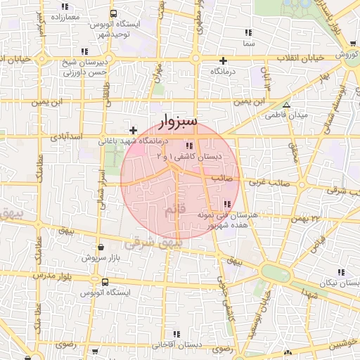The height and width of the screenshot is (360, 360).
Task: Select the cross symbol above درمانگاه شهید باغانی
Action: (133, 129)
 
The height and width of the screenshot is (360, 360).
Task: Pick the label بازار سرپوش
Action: (101, 258)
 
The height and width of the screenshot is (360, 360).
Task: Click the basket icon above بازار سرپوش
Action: (103, 247)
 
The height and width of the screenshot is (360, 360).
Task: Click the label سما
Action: (247, 44)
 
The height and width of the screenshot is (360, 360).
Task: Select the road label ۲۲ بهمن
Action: (307, 218)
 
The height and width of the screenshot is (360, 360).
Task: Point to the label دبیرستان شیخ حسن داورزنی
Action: (84, 67)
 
